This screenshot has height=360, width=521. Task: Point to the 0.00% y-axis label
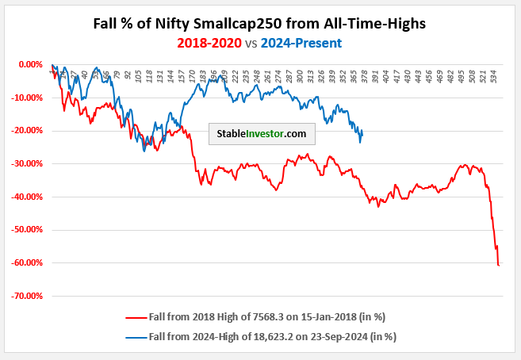[29, 64]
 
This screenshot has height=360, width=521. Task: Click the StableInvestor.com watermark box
[262, 134]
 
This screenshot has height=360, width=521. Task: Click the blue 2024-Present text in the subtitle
[305, 42]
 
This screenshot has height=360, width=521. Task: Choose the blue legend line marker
[136, 336]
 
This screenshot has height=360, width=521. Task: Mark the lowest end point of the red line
[498, 265]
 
